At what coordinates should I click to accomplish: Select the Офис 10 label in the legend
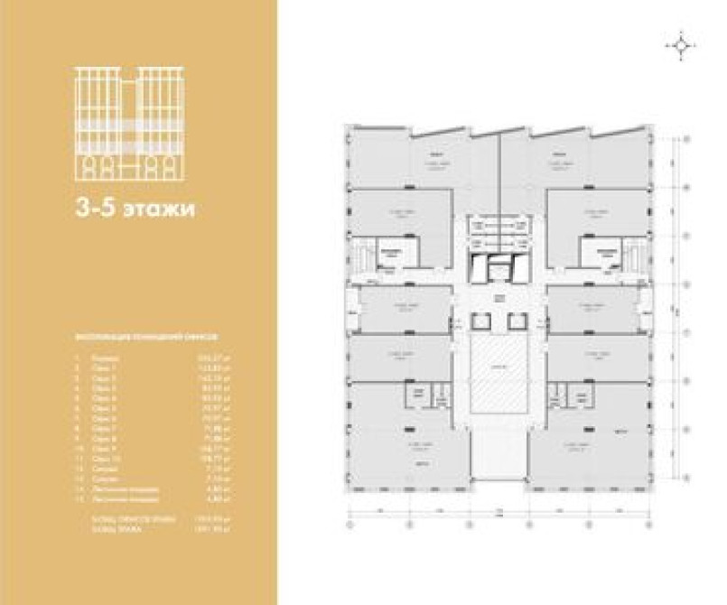point(107,459)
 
